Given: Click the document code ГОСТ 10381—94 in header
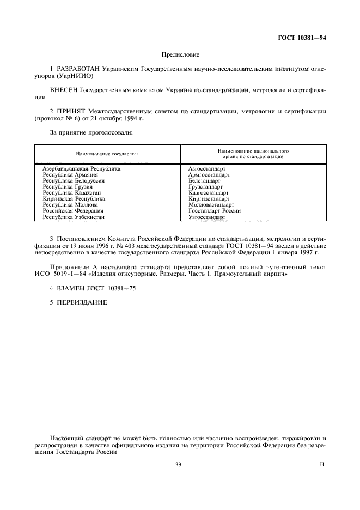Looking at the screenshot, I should coord(302,38).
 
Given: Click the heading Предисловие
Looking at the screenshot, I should coord(180,54).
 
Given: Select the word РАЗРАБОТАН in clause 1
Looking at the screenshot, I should coord(76,70).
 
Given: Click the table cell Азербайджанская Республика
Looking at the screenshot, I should coord(82,169).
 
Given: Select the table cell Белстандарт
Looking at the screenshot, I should coord(204,181).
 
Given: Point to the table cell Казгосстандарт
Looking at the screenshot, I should coord(209,193).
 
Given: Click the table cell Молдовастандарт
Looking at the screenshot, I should coord(211,205).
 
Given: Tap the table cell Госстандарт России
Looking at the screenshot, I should coord(215,211).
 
